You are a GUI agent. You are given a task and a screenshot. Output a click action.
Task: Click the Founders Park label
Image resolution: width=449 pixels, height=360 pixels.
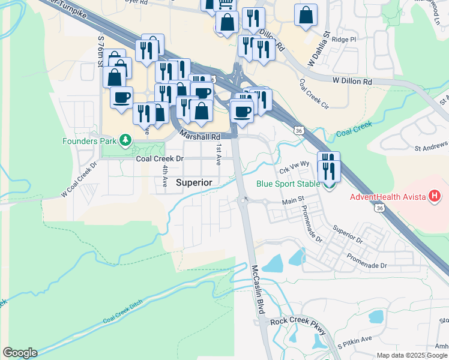point(89,142)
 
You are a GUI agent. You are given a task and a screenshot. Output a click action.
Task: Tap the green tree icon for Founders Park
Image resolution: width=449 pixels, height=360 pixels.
point(125,141)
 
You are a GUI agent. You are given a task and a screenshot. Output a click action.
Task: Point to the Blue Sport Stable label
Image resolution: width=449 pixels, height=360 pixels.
point(287,184)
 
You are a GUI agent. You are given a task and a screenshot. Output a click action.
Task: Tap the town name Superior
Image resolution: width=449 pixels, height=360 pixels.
point(194,182)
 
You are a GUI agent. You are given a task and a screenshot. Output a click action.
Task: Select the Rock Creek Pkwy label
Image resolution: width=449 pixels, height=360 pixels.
point(298,322)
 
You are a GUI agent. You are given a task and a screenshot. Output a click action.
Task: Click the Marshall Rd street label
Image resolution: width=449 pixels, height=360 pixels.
point(196,136)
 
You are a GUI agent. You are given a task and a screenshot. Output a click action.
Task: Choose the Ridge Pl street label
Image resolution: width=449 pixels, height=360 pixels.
point(345,39)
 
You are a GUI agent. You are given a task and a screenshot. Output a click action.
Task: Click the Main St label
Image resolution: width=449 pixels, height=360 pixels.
point(294,203)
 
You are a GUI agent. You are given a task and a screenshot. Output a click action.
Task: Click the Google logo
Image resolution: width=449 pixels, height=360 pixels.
point(20,353)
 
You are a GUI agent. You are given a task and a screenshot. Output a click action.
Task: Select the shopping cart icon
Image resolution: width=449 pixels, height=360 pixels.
point(225,4)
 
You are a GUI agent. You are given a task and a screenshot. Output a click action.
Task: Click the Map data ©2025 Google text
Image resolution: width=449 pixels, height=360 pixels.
point(412,355)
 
